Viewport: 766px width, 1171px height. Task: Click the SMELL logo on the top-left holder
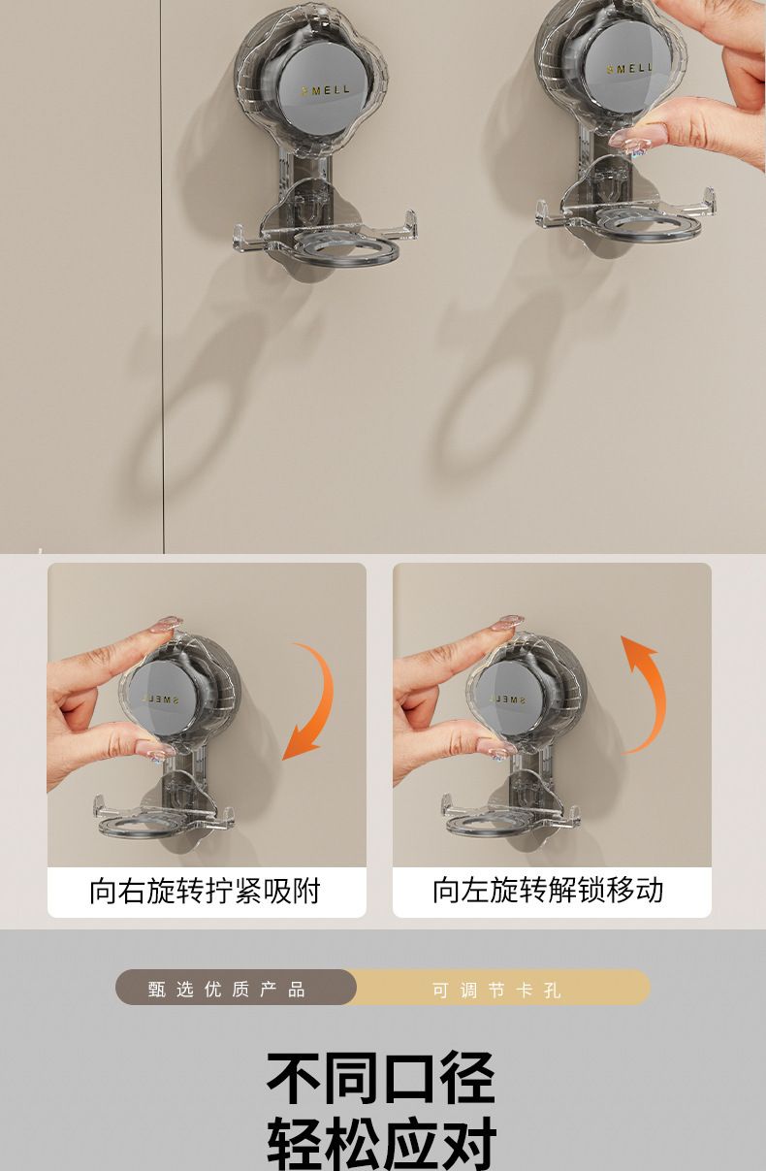(325, 90)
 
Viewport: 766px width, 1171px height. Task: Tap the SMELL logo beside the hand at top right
(629, 69)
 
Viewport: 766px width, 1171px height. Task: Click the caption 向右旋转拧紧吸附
(205, 891)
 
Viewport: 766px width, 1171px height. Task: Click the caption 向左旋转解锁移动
(548, 890)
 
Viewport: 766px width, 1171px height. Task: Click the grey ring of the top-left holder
(346, 245)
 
